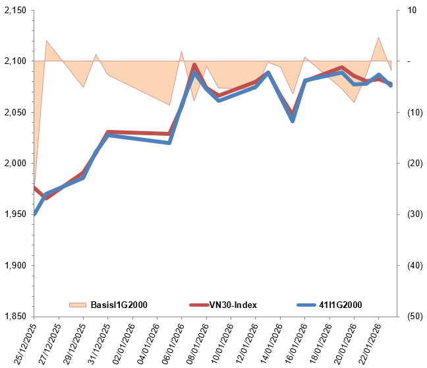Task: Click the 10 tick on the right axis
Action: (413, 11)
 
